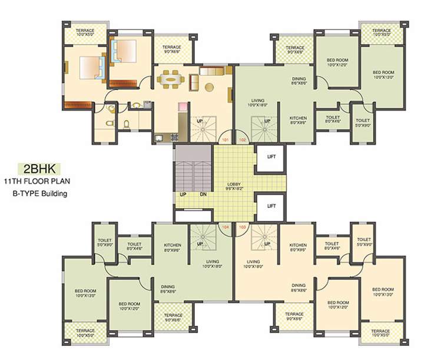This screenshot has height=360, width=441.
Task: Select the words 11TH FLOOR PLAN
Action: (39, 181)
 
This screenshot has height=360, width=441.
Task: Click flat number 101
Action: (225, 140)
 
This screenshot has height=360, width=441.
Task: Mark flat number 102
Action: (243, 140)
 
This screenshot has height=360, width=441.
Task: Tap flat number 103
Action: (243, 226)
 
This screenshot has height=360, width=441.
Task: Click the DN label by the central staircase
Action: (203, 194)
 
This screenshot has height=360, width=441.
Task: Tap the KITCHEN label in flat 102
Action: (298, 120)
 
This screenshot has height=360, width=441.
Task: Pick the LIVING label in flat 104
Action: (213, 264)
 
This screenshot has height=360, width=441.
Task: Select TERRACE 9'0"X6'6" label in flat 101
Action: (172, 49)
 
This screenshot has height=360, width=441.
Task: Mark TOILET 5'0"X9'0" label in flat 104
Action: (104, 242)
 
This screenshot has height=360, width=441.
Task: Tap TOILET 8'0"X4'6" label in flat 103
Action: (331, 245)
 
